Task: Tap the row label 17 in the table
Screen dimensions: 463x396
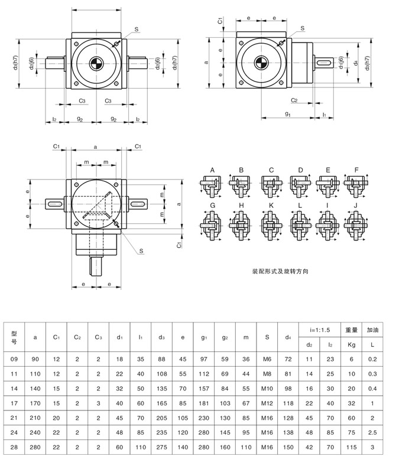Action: [15, 403]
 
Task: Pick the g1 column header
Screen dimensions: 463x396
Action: [204, 337]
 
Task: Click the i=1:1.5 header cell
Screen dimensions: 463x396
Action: [319, 328]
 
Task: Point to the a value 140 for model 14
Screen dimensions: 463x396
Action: [35, 388]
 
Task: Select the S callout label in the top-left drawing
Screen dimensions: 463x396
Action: [137, 29]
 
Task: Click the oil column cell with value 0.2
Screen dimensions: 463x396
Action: [372, 358]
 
